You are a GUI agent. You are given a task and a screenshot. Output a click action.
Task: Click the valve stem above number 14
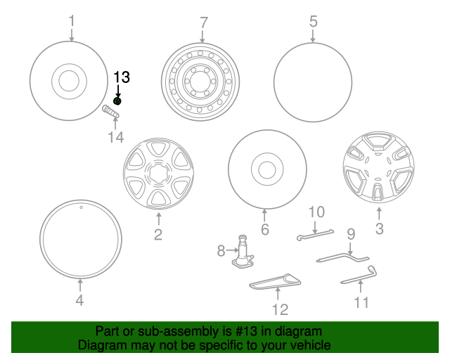[111, 112]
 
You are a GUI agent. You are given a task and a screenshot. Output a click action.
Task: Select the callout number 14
[115, 137]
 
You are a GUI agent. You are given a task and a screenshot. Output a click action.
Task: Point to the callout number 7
[204, 22]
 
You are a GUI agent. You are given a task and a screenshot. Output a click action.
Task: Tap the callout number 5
[314, 22]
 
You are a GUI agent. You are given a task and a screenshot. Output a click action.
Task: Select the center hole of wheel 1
[69, 81]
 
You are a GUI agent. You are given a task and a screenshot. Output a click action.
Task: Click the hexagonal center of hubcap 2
[157, 173]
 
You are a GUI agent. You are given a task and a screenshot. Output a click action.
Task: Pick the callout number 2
[157, 235]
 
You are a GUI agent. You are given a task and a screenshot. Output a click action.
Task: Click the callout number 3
[379, 229]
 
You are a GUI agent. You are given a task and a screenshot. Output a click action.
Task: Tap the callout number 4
[79, 301]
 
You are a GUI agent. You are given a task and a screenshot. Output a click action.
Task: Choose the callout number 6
[265, 229]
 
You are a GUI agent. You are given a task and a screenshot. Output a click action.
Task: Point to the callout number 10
[316, 211]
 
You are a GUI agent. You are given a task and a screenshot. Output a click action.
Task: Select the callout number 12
[280, 309]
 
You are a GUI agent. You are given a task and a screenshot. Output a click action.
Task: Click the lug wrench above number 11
[360, 276]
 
